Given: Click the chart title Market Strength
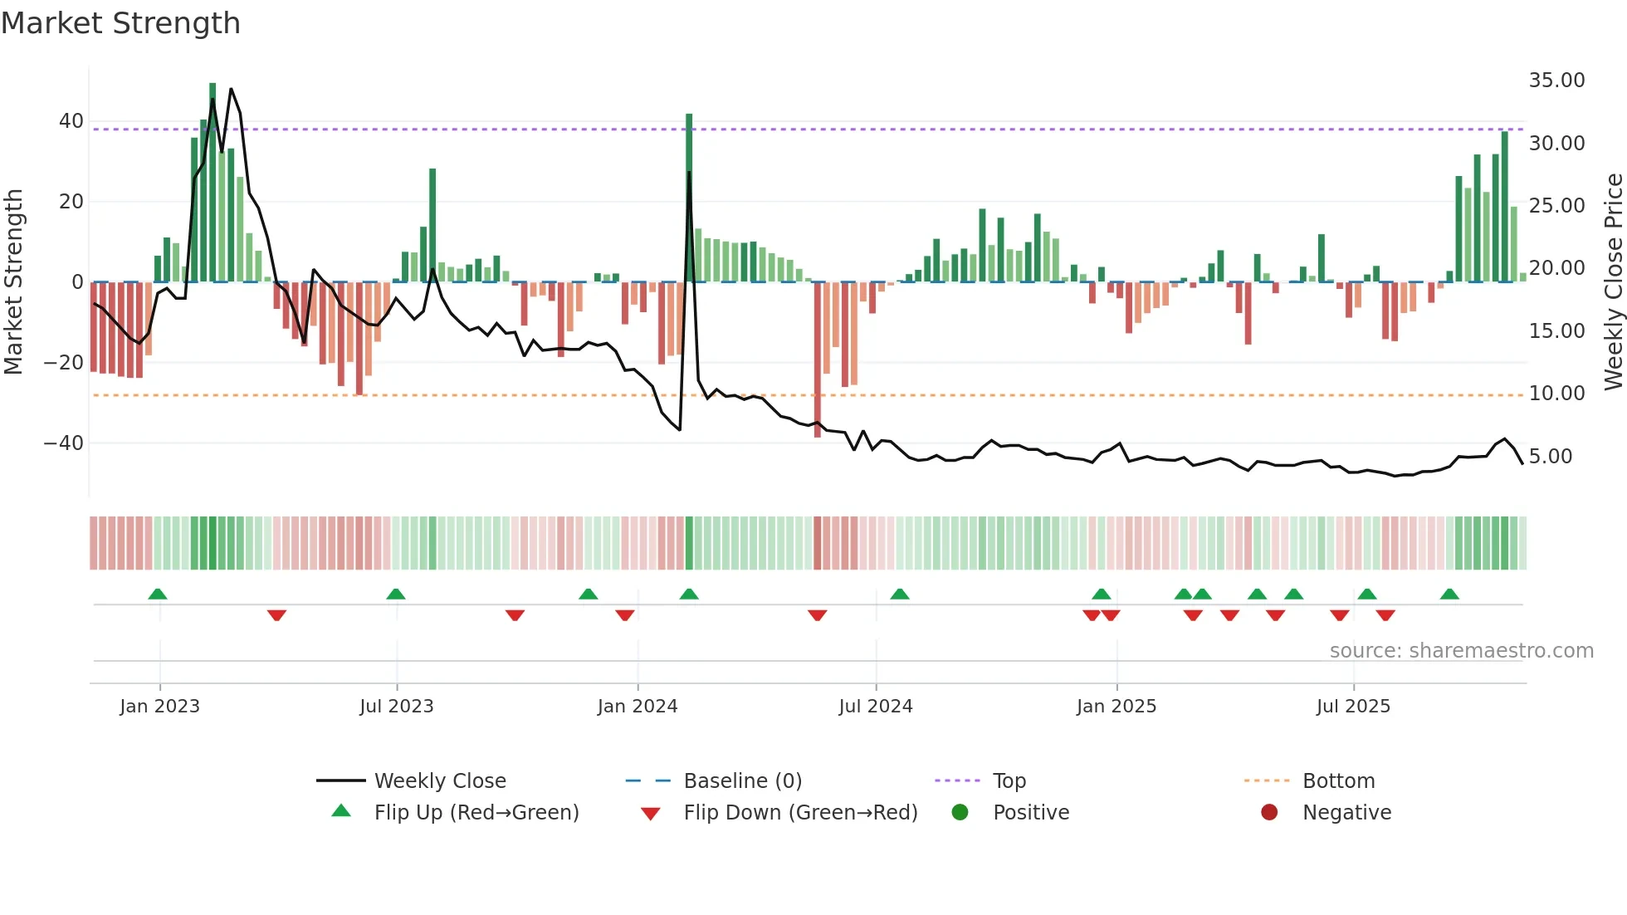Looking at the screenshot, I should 120,23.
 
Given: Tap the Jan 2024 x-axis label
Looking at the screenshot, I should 637,707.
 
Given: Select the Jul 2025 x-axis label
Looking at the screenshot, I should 1352,707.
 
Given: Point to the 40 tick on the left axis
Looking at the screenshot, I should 71,121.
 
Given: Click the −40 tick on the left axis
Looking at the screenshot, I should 64,443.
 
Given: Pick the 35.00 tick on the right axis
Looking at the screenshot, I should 1556,81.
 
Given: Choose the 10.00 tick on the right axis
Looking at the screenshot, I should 1556,394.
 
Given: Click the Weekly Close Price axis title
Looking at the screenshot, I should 1613,282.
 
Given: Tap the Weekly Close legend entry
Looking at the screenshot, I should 439,781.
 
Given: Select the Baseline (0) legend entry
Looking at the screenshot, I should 742,781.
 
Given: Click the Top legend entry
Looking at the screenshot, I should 1009,781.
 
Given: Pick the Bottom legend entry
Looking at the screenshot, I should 1338,781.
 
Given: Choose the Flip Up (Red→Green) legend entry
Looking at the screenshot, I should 476,813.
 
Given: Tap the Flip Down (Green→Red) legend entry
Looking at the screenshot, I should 800,813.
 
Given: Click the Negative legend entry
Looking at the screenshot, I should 1346,813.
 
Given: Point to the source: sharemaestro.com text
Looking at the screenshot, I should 1461,651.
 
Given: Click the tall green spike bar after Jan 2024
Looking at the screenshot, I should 689,199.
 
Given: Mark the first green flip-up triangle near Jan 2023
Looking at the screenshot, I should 158,594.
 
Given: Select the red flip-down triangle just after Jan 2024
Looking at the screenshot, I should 625,615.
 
